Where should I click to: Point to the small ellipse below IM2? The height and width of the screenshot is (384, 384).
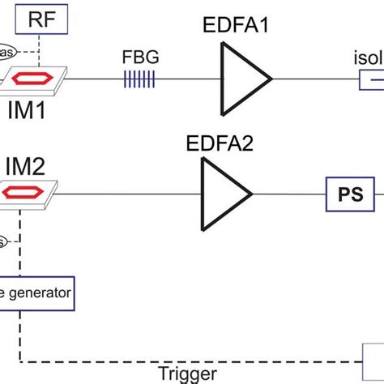point(5,241)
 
